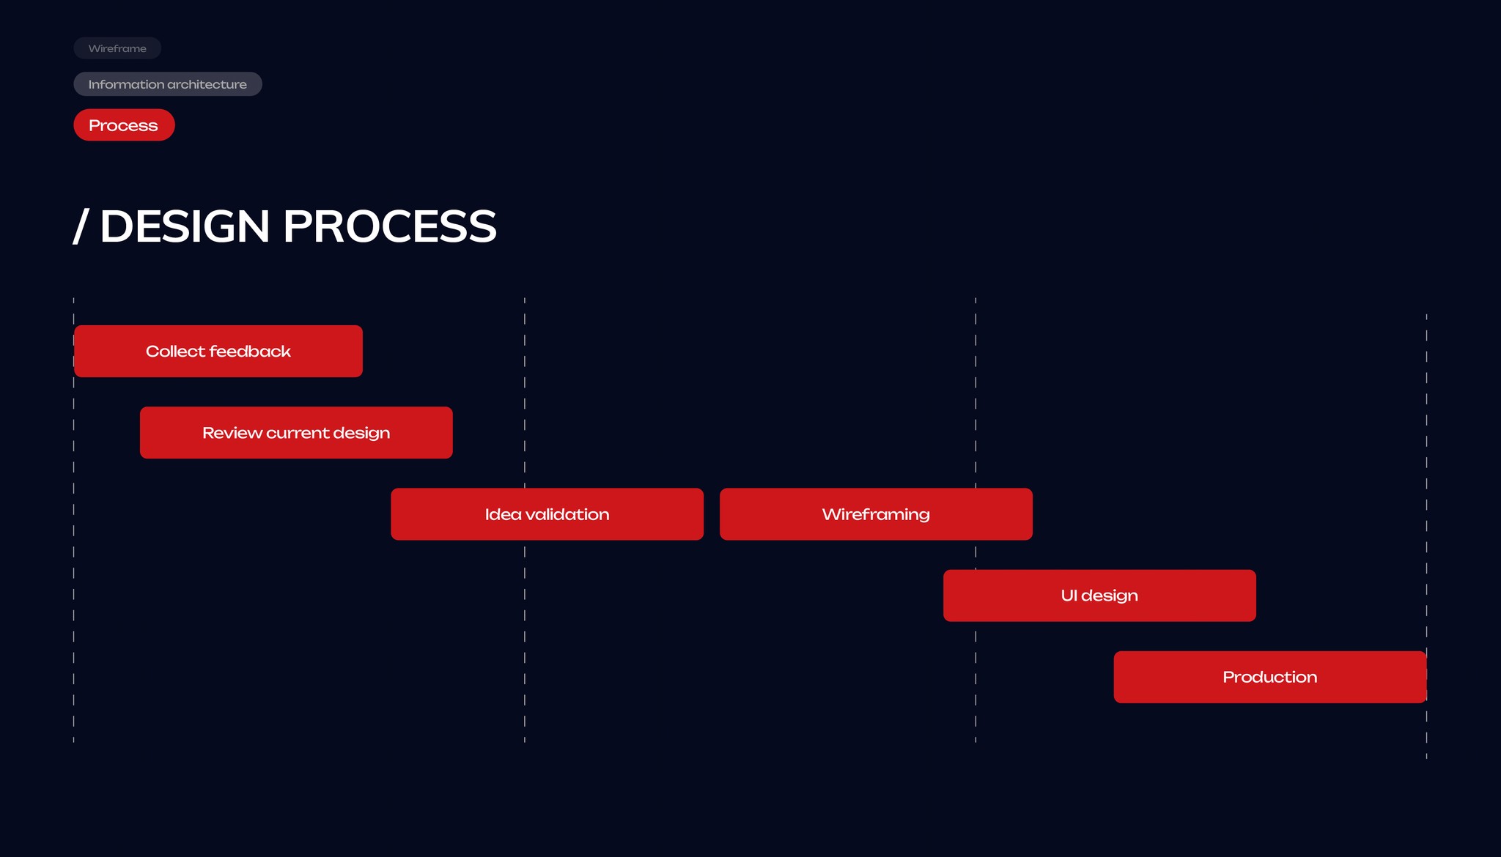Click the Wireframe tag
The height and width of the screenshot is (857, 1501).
point(117,48)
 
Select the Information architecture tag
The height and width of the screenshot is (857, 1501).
point(167,84)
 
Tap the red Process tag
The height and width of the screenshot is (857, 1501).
point(124,125)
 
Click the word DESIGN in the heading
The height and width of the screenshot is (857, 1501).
point(185,226)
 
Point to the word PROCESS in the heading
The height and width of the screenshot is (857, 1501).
point(389,226)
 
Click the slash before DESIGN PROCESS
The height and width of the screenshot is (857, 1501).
point(81,226)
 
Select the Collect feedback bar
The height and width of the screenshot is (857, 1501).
point(218,352)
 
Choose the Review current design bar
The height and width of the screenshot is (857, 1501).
point(296,433)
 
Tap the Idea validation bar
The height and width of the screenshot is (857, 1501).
point(547,514)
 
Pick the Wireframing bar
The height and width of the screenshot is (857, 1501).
point(876,514)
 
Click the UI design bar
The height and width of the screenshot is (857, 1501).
point(1099,596)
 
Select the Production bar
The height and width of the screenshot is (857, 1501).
point(1269,677)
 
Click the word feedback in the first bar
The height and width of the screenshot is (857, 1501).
point(250,352)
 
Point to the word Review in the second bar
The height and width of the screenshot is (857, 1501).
point(232,433)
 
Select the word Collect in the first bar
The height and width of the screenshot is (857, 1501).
point(175,352)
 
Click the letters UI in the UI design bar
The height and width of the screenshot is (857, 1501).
point(1069,596)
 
